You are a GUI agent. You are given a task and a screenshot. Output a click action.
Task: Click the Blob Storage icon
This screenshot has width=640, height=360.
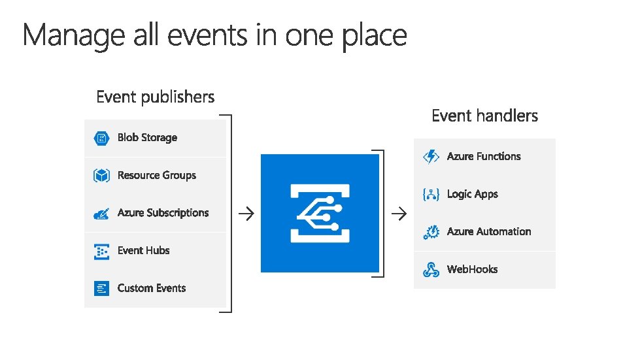[x=101, y=138]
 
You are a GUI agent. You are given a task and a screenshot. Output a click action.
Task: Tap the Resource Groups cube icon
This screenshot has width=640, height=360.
[x=101, y=175]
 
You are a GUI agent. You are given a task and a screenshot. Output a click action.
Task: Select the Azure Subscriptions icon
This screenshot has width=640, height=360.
[x=101, y=213]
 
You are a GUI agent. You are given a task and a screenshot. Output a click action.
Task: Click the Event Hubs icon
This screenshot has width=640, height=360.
[x=101, y=251]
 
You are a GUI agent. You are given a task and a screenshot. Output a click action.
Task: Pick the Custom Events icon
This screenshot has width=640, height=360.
[x=101, y=288]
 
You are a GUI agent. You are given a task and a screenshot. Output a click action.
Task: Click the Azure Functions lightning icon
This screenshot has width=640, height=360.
[x=431, y=157]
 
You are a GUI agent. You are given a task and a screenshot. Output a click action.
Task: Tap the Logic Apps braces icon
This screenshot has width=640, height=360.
[x=431, y=194]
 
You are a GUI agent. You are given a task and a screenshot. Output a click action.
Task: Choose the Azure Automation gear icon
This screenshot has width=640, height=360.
[x=431, y=232]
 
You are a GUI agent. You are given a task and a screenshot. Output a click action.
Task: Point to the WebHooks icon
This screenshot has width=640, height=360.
[x=431, y=269]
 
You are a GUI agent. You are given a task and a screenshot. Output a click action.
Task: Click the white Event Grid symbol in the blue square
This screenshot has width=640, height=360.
[x=320, y=213]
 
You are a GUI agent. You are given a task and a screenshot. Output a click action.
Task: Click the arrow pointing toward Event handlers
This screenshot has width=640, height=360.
[x=398, y=213]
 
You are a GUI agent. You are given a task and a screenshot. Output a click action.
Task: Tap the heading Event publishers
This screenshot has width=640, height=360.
[x=156, y=97]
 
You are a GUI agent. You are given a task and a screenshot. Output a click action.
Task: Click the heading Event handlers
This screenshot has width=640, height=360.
[x=484, y=116]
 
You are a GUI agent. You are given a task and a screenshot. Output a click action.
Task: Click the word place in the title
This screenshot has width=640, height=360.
[x=374, y=36]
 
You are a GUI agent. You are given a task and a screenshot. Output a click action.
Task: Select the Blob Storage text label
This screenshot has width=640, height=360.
[x=147, y=138]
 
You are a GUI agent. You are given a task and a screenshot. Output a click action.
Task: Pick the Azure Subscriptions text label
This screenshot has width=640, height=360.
[x=163, y=213]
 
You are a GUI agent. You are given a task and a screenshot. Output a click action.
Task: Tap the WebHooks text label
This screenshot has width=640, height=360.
[x=472, y=269]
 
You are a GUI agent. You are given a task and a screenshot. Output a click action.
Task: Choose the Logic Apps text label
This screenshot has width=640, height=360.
[x=472, y=194]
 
